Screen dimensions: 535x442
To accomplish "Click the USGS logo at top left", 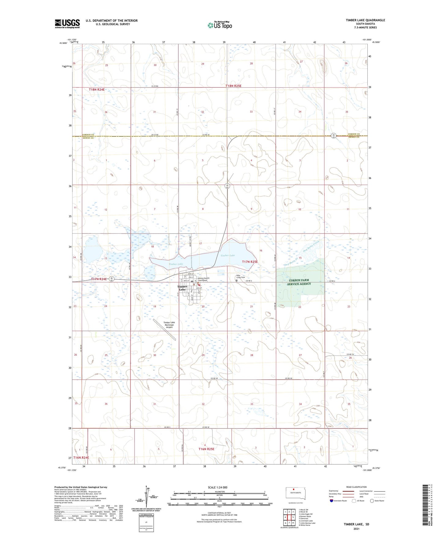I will [67, 24].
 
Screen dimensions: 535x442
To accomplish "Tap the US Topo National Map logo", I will [219, 25].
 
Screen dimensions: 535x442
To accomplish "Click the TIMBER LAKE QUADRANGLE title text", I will [365, 20].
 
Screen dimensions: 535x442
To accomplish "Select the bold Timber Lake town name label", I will [182, 288].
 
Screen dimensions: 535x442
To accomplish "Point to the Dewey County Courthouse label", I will [202, 279].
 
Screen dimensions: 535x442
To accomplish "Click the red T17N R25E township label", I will [250, 262].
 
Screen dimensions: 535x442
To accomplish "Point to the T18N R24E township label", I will [97, 89].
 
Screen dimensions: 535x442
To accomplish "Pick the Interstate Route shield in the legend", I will [332, 501].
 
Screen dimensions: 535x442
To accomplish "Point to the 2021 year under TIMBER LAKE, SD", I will [356, 529].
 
